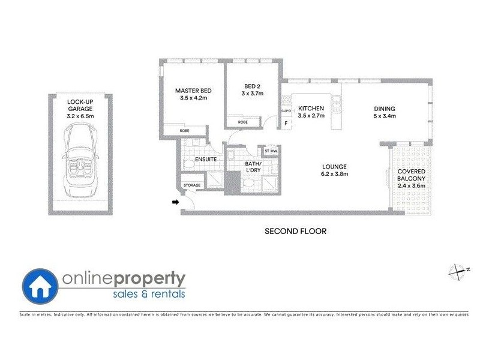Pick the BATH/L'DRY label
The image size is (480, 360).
coord(253,166)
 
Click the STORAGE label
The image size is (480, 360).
coord(192,185)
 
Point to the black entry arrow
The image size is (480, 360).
coord(176,203)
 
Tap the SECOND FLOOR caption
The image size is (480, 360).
coord(296,230)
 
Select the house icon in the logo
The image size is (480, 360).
coord(41,284)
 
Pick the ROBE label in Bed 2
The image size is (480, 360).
coord(242,122)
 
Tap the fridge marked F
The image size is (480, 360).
coord(286,123)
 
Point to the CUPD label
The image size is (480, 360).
coord(286,111)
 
